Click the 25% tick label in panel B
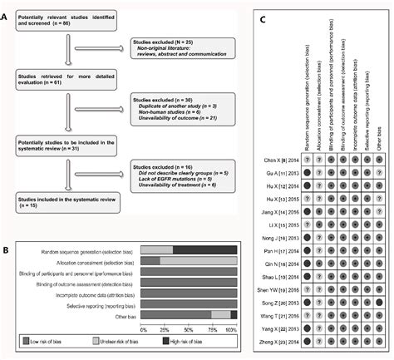pos(165,330)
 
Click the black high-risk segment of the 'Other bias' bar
pos(233,314)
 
